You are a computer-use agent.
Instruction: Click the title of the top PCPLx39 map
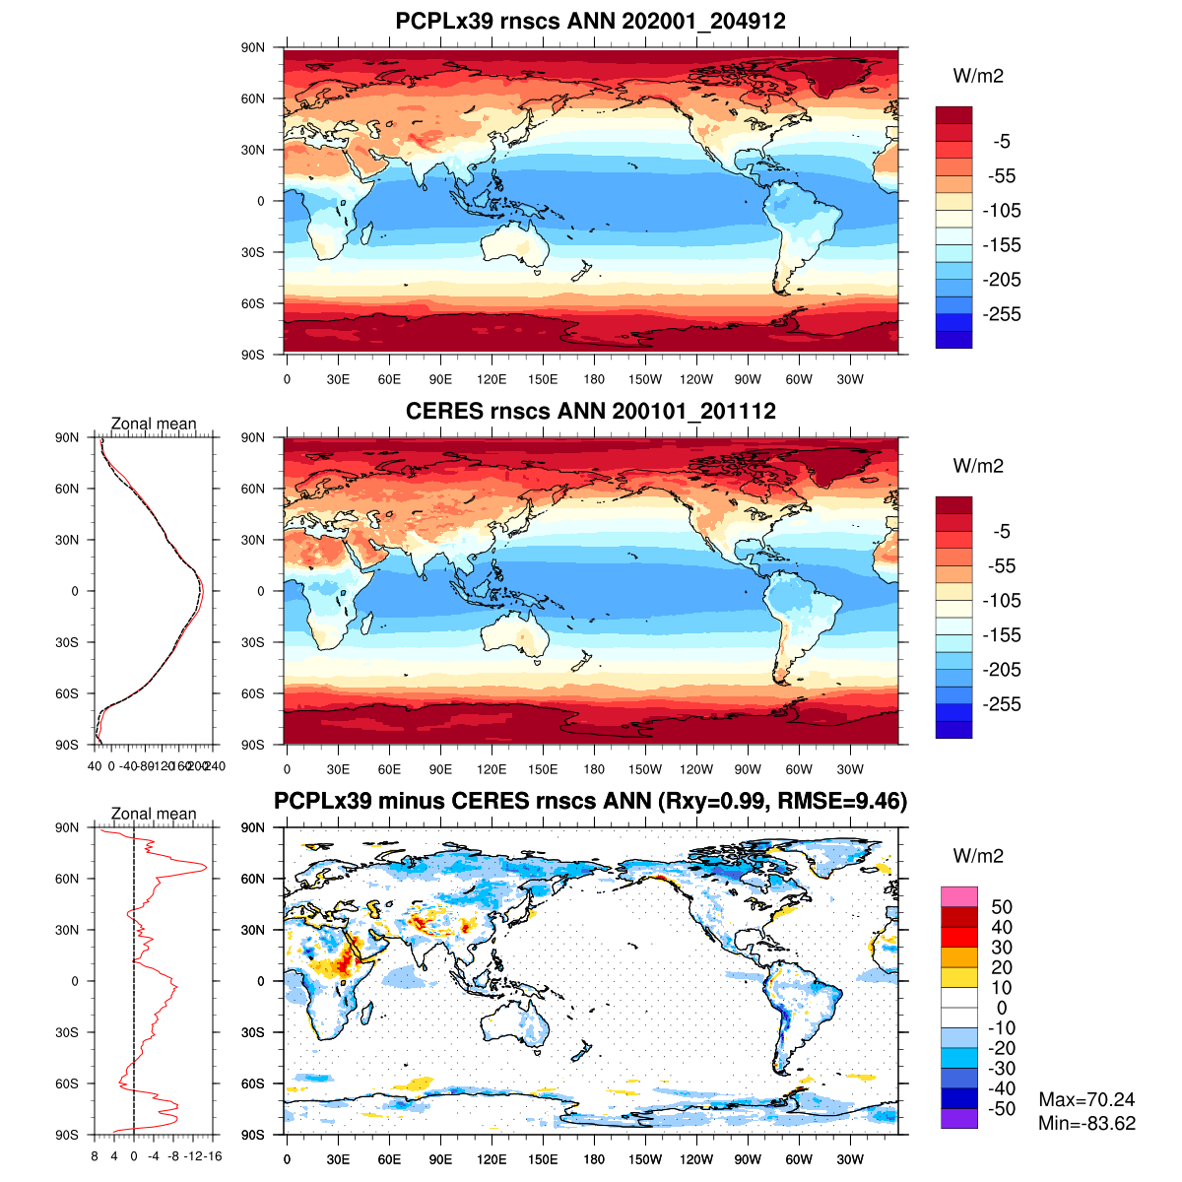590,21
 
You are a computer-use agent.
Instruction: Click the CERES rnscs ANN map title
590,411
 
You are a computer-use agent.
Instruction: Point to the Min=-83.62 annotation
1086,1123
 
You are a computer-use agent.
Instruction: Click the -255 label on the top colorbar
1002,314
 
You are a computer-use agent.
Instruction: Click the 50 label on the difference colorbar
1002,907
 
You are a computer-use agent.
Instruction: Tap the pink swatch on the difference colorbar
959,896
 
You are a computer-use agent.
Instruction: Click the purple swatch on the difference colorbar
959,1119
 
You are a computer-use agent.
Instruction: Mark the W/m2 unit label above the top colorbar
978,76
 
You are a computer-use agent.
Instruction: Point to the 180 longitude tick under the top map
594,379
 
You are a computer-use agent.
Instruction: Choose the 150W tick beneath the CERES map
645,769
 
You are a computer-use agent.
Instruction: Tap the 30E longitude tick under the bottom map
338,1159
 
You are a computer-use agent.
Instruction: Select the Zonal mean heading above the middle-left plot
154,424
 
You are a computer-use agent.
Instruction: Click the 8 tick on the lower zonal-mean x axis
95,1156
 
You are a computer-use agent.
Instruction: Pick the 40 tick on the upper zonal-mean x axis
96,766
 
